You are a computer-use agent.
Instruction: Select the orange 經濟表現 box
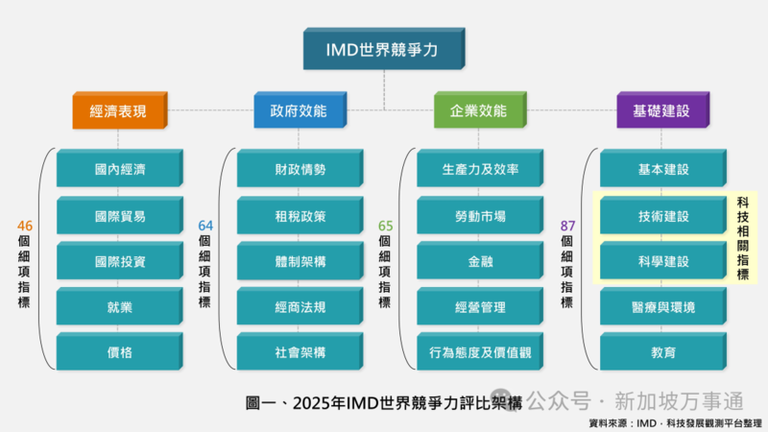tap(118, 111)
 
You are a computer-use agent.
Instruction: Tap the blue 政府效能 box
tap(299, 111)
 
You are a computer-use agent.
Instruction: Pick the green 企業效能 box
tap(478, 111)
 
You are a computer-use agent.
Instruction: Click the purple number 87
tap(567, 226)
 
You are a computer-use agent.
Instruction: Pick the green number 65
tap(386, 226)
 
